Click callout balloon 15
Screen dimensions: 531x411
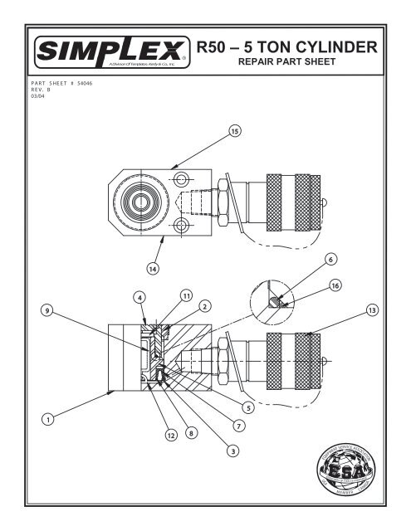coord(235,131)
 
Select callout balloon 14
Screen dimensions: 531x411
coord(153,268)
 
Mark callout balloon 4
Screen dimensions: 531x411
coord(141,296)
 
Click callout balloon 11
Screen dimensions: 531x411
coord(186,295)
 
